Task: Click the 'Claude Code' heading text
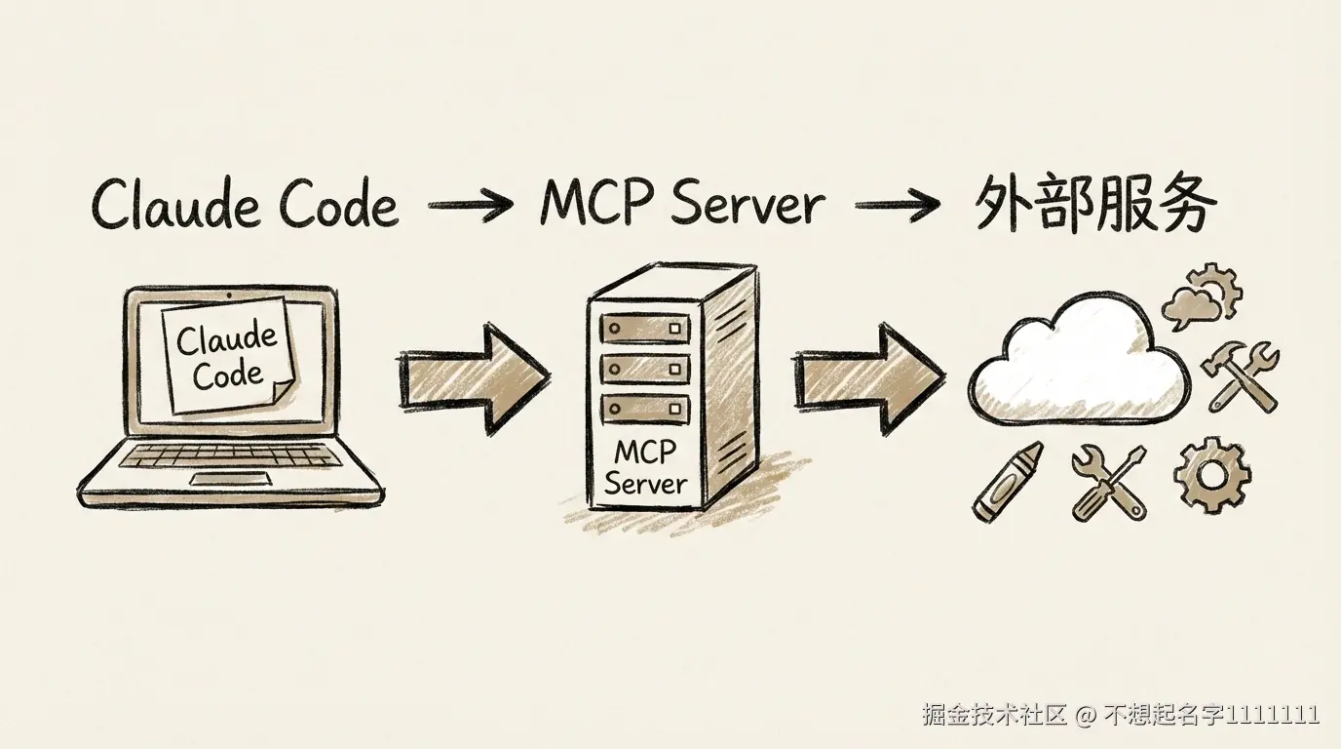tap(245, 205)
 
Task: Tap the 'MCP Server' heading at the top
tap(682, 204)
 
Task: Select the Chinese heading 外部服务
tap(1095, 204)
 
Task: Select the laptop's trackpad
tap(235, 479)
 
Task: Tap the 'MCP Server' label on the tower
tap(645, 467)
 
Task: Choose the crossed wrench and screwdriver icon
tap(1109, 482)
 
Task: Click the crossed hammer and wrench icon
tap(1244, 376)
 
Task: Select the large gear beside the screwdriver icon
tap(1211, 476)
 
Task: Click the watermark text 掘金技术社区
tap(995, 715)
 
